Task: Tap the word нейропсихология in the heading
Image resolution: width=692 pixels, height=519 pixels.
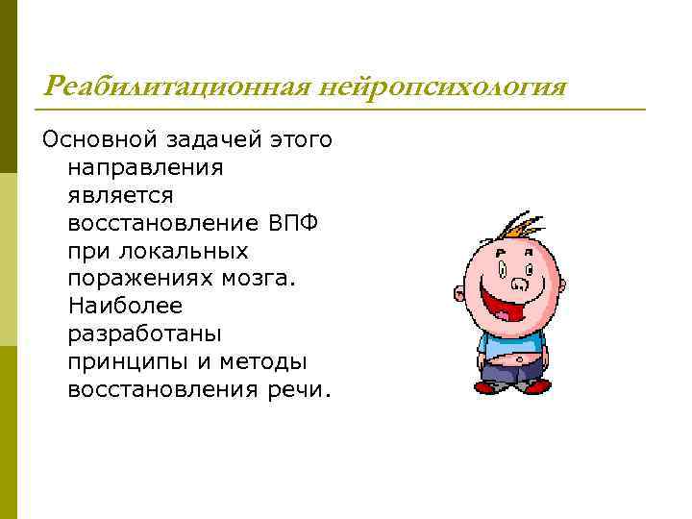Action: pyautogui.click(x=445, y=87)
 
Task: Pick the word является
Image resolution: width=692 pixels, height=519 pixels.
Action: pyautogui.click(x=121, y=196)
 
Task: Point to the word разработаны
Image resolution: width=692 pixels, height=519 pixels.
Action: pyautogui.click(x=145, y=334)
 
